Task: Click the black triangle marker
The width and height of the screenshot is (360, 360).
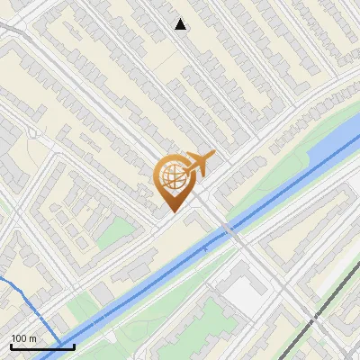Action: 181,24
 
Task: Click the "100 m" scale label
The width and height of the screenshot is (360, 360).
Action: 23,338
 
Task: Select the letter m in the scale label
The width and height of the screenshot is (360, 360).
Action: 33,338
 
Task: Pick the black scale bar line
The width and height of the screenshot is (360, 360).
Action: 42,346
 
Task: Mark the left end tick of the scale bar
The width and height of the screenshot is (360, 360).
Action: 11,345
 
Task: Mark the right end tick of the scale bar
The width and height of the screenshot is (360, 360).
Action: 74,345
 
